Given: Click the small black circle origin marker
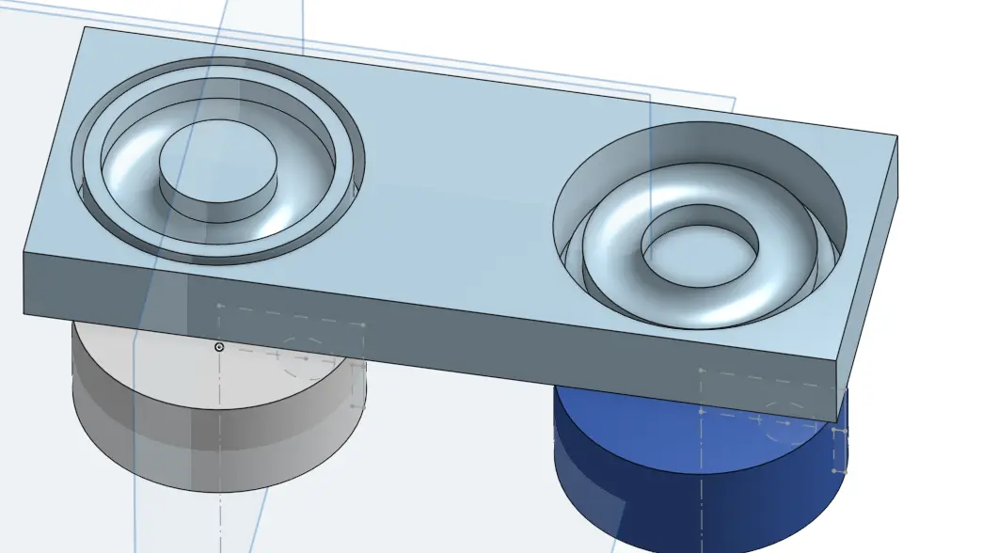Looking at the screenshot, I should point(219,347).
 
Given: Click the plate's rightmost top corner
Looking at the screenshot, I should point(896,136).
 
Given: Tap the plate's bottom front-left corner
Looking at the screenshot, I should point(24,313).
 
